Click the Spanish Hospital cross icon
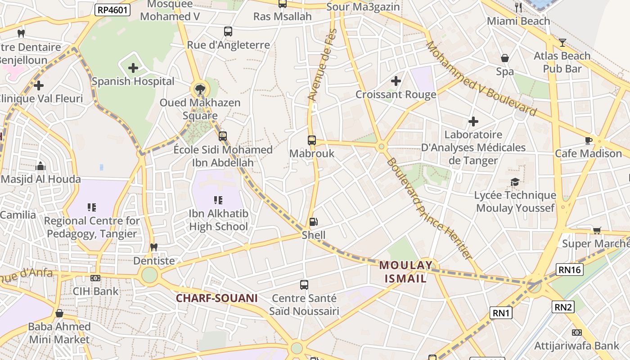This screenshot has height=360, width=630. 133,68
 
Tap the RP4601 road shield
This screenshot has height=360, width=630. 112,10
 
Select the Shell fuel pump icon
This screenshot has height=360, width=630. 313,222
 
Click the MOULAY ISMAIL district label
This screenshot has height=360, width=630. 405,272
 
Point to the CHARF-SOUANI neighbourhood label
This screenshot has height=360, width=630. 216,298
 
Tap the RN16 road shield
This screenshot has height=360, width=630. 570,270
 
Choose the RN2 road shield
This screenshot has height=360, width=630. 563,307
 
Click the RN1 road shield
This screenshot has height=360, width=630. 501,313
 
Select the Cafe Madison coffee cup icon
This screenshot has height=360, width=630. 588,140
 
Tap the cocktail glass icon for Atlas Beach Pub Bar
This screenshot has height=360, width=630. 562,43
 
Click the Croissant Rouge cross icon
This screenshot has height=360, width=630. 396,81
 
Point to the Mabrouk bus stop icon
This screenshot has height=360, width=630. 312,140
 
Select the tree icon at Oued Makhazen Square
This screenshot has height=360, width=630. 200,89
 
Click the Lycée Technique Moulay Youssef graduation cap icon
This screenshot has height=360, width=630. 515,182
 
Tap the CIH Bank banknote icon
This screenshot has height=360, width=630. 95,278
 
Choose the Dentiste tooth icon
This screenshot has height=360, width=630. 154,247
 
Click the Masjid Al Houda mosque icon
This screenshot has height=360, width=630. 40,166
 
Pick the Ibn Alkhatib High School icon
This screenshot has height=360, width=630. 218,200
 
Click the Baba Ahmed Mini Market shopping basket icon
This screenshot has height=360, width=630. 59,313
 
